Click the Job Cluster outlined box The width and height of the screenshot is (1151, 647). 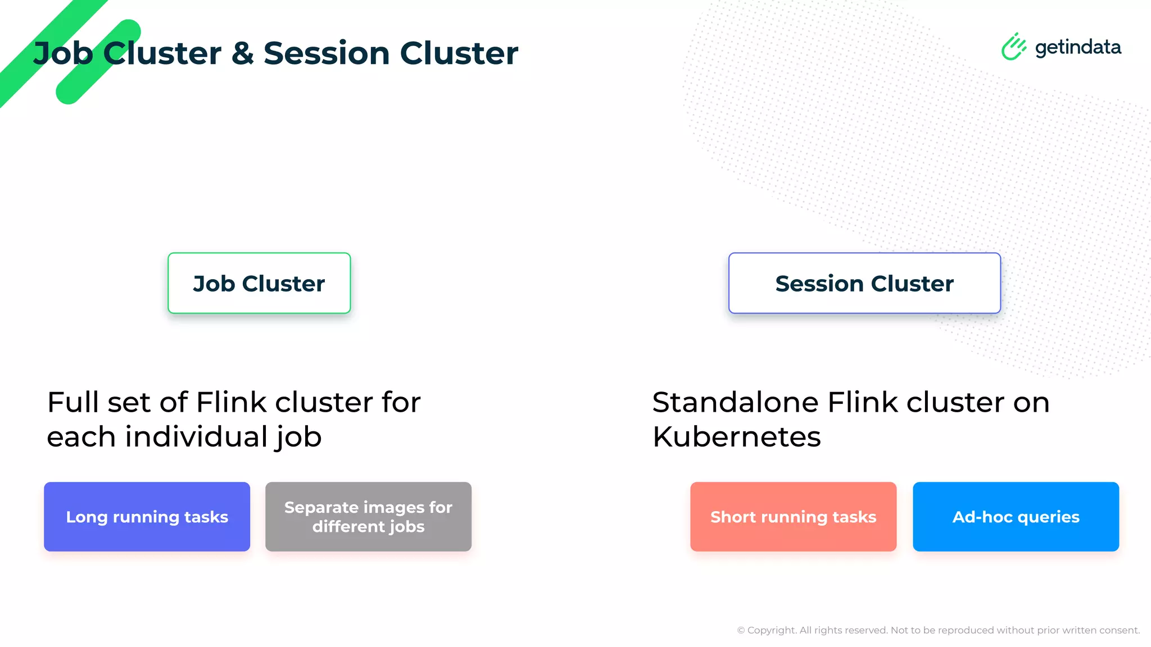259,283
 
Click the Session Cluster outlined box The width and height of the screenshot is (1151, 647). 864,283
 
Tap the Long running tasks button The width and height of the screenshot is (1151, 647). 147,517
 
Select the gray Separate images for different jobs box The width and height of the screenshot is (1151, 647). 368,517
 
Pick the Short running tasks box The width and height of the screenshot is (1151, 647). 793,517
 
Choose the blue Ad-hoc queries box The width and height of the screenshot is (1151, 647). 1016,517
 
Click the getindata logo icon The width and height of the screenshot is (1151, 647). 1013,47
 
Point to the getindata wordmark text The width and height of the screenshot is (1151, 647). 1078,47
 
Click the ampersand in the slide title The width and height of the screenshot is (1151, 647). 242,53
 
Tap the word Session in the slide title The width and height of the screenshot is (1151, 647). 327,53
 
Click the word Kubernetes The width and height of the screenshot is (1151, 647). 736,437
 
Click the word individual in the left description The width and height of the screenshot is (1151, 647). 196,437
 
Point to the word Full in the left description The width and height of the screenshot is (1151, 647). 73,402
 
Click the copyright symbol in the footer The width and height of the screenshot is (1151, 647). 741,630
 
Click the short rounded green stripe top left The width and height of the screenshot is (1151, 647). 98,62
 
